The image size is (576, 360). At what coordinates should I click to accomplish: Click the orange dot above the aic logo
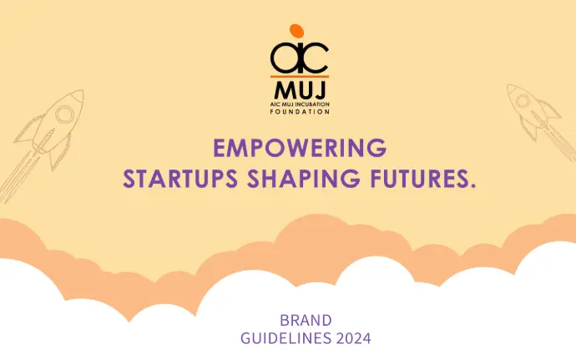tap(296, 31)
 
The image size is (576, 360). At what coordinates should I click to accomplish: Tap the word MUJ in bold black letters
tap(300, 90)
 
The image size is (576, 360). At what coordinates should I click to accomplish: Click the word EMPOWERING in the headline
tap(300, 148)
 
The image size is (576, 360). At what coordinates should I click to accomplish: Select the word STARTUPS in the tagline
tap(180, 179)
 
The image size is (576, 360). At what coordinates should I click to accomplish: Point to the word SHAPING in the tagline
tap(304, 179)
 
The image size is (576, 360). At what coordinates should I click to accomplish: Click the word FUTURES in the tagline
tap(416, 179)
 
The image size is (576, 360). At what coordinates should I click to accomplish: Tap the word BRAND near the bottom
tap(306, 320)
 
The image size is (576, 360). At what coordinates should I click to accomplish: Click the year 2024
tap(353, 338)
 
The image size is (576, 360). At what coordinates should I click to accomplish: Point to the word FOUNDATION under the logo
tap(300, 111)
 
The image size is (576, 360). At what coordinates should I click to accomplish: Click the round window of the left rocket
tap(64, 114)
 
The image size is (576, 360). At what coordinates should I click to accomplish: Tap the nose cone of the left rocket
tap(77, 95)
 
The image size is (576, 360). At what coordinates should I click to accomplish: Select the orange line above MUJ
tap(300, 77)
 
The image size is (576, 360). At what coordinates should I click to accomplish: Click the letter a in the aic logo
tap(284, 58)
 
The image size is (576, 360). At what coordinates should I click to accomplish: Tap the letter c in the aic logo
tap(316, 58)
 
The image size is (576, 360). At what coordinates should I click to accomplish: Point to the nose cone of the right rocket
tap(511, 89)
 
